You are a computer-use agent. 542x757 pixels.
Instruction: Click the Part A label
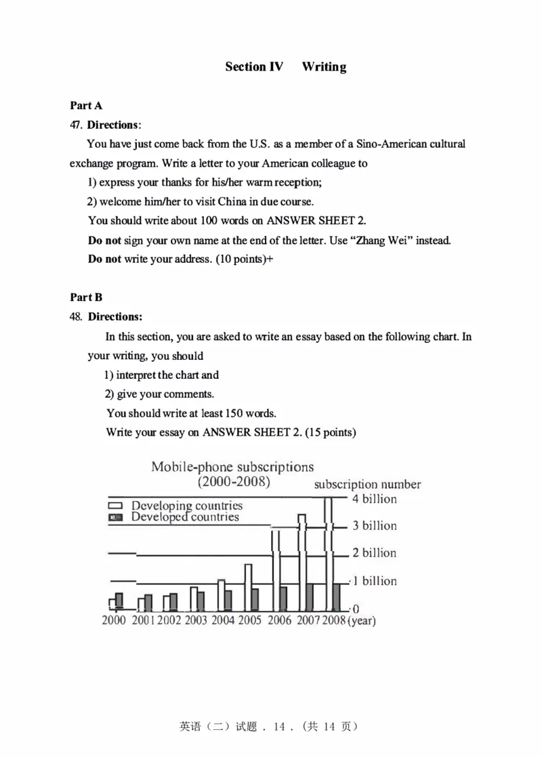click(x=86, y=105)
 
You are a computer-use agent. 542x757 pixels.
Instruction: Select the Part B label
click(x=86, y=297)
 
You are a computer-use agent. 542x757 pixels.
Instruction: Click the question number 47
click(x=75, y=125)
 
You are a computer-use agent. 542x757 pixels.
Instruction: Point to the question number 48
click(x=75, y=316)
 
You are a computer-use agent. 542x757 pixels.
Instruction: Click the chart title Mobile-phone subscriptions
click(x=232, y=467)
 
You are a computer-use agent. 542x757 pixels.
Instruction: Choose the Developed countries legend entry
click(x=184, y=517)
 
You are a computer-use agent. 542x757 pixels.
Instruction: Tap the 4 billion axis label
click(x=374, y=499)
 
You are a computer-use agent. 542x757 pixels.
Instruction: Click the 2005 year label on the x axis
click(x=250, y=620)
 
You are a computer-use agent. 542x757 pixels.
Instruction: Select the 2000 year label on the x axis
click(x=114, y=620)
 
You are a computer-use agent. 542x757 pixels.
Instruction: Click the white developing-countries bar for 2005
click(x=248, y=586)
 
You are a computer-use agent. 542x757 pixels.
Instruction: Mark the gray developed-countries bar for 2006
click(x=283, y=598)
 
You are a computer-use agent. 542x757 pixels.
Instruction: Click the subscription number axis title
click(x=367, y=485)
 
